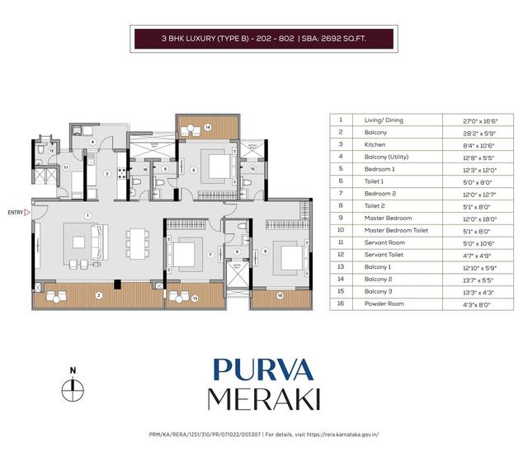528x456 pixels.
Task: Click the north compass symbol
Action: (73, 388)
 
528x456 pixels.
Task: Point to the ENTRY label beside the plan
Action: (16, 212)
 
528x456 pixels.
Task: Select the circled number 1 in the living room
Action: (86, 216)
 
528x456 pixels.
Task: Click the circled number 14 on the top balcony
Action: (208, 127)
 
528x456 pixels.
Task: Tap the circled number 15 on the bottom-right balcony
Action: (280, 295)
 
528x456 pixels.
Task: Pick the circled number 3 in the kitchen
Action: (106, 173)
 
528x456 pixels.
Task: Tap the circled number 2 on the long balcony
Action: (98, 294)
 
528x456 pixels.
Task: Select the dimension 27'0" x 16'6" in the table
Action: (482, 120)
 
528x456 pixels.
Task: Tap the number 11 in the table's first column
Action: (340, 242)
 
